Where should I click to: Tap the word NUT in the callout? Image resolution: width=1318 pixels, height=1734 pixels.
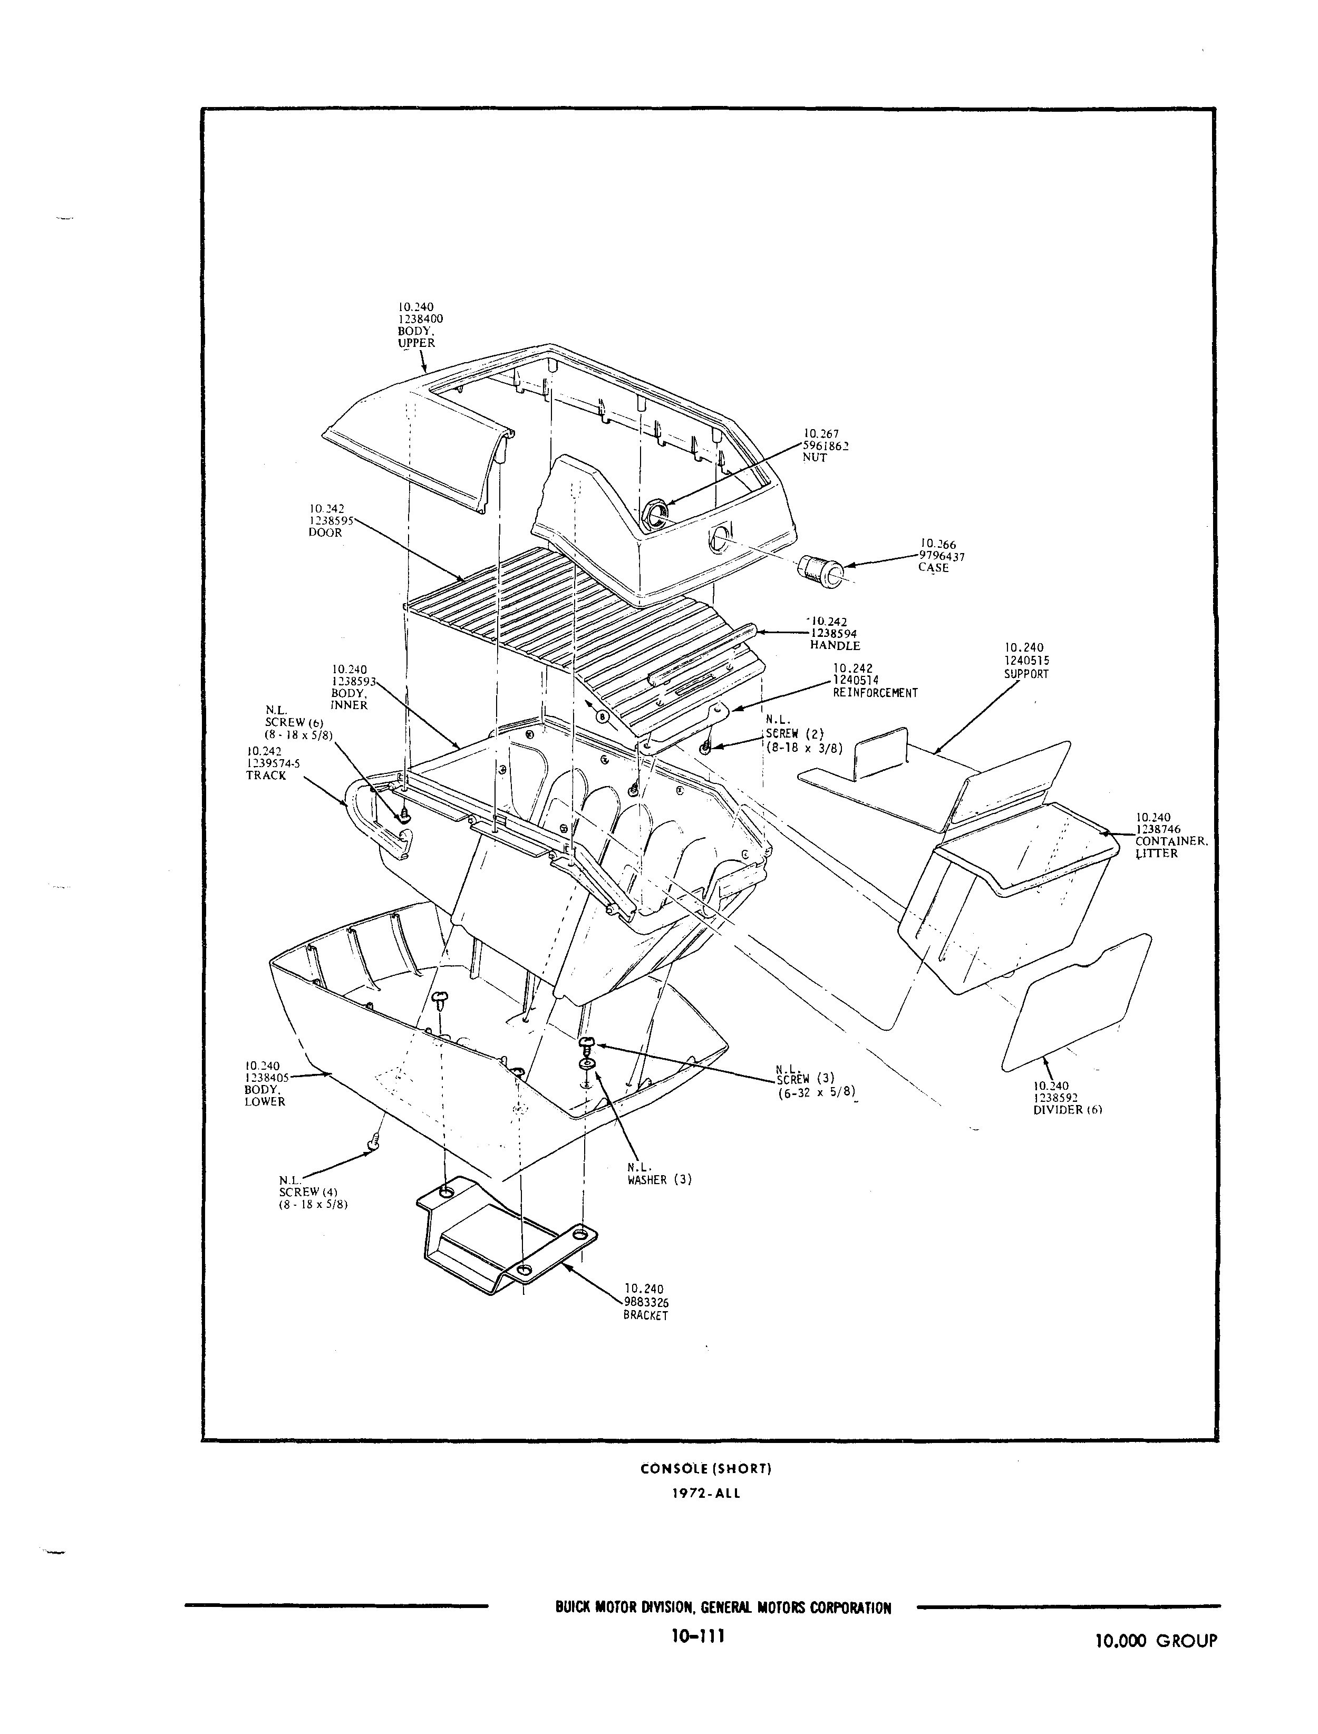815,458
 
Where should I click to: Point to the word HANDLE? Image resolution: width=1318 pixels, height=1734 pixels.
835,646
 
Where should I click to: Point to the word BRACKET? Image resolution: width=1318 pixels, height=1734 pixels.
646,1316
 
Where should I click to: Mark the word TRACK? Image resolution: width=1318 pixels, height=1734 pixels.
266,776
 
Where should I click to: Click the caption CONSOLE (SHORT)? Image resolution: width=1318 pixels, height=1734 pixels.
706,1469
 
